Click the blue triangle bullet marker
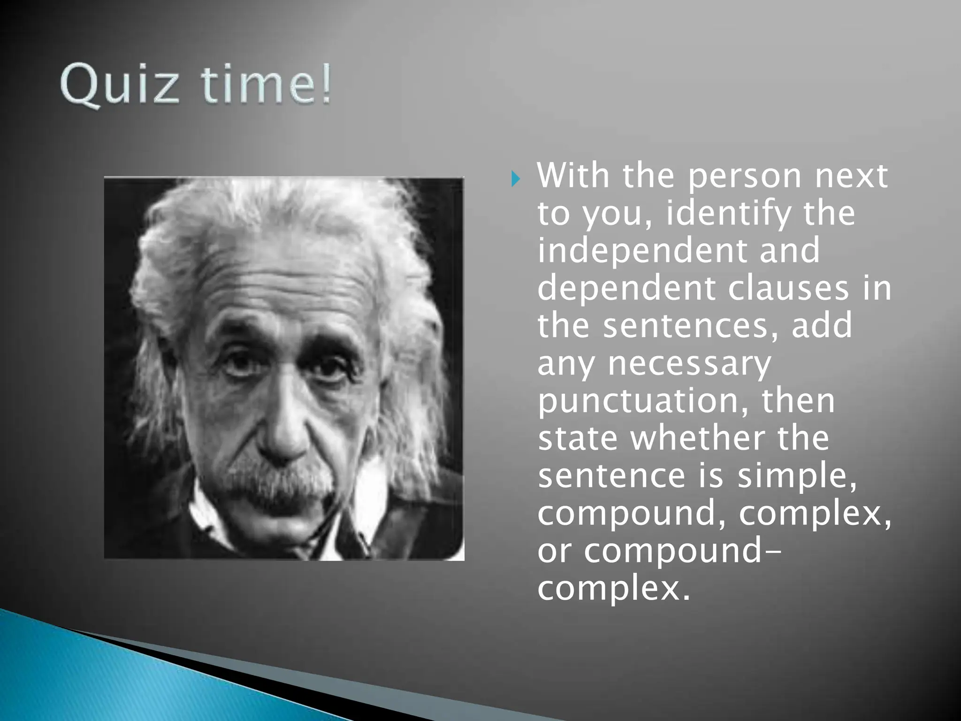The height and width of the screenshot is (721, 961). tap(515, 179)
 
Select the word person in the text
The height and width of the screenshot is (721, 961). tap(746, 176)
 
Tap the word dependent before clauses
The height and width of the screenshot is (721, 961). tap(626, 288)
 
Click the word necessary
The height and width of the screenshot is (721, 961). tap(689, 364)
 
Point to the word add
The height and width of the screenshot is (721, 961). tap(821, 326)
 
